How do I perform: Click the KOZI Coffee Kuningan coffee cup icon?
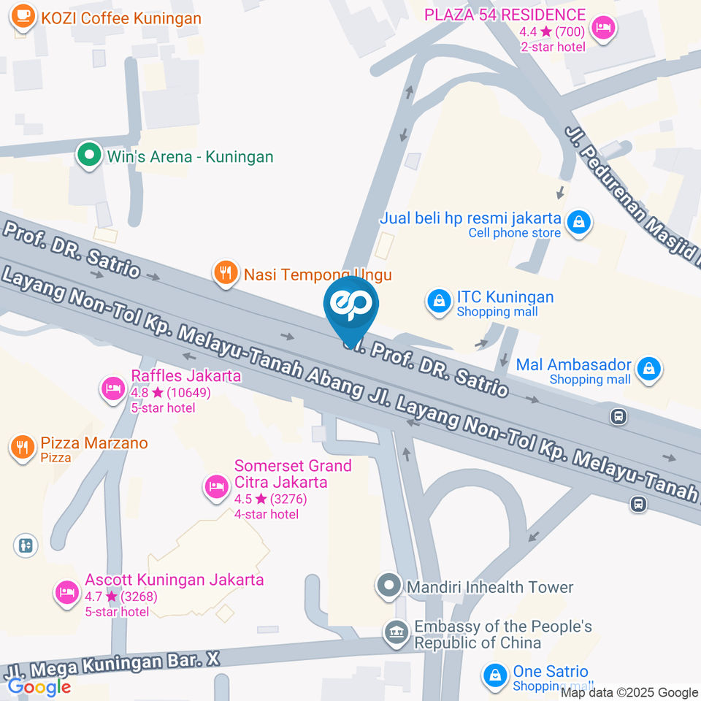click(x=23, y=17)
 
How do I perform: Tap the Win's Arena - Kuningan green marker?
click(x=89, y=156)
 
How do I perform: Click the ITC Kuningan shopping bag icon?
click(x=439, y=302)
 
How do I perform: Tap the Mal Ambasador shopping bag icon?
click(x=648, y=369)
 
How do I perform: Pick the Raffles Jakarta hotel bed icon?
click(x=112, y=388)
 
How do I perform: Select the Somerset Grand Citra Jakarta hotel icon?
click(x=216, y=485)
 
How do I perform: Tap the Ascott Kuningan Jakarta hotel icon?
click(x=67, y=592)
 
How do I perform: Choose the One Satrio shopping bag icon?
click(x=496, y=675)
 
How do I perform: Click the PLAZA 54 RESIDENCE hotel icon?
click(x=604, y=28)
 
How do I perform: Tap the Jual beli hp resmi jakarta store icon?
click(x=579, y=223)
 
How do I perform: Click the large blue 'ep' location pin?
click(x=351, y=306)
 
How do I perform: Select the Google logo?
click(x=39, y=686)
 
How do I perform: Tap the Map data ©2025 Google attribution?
click(x=629, y=692)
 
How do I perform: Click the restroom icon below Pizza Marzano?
click(x=25, y=545)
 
